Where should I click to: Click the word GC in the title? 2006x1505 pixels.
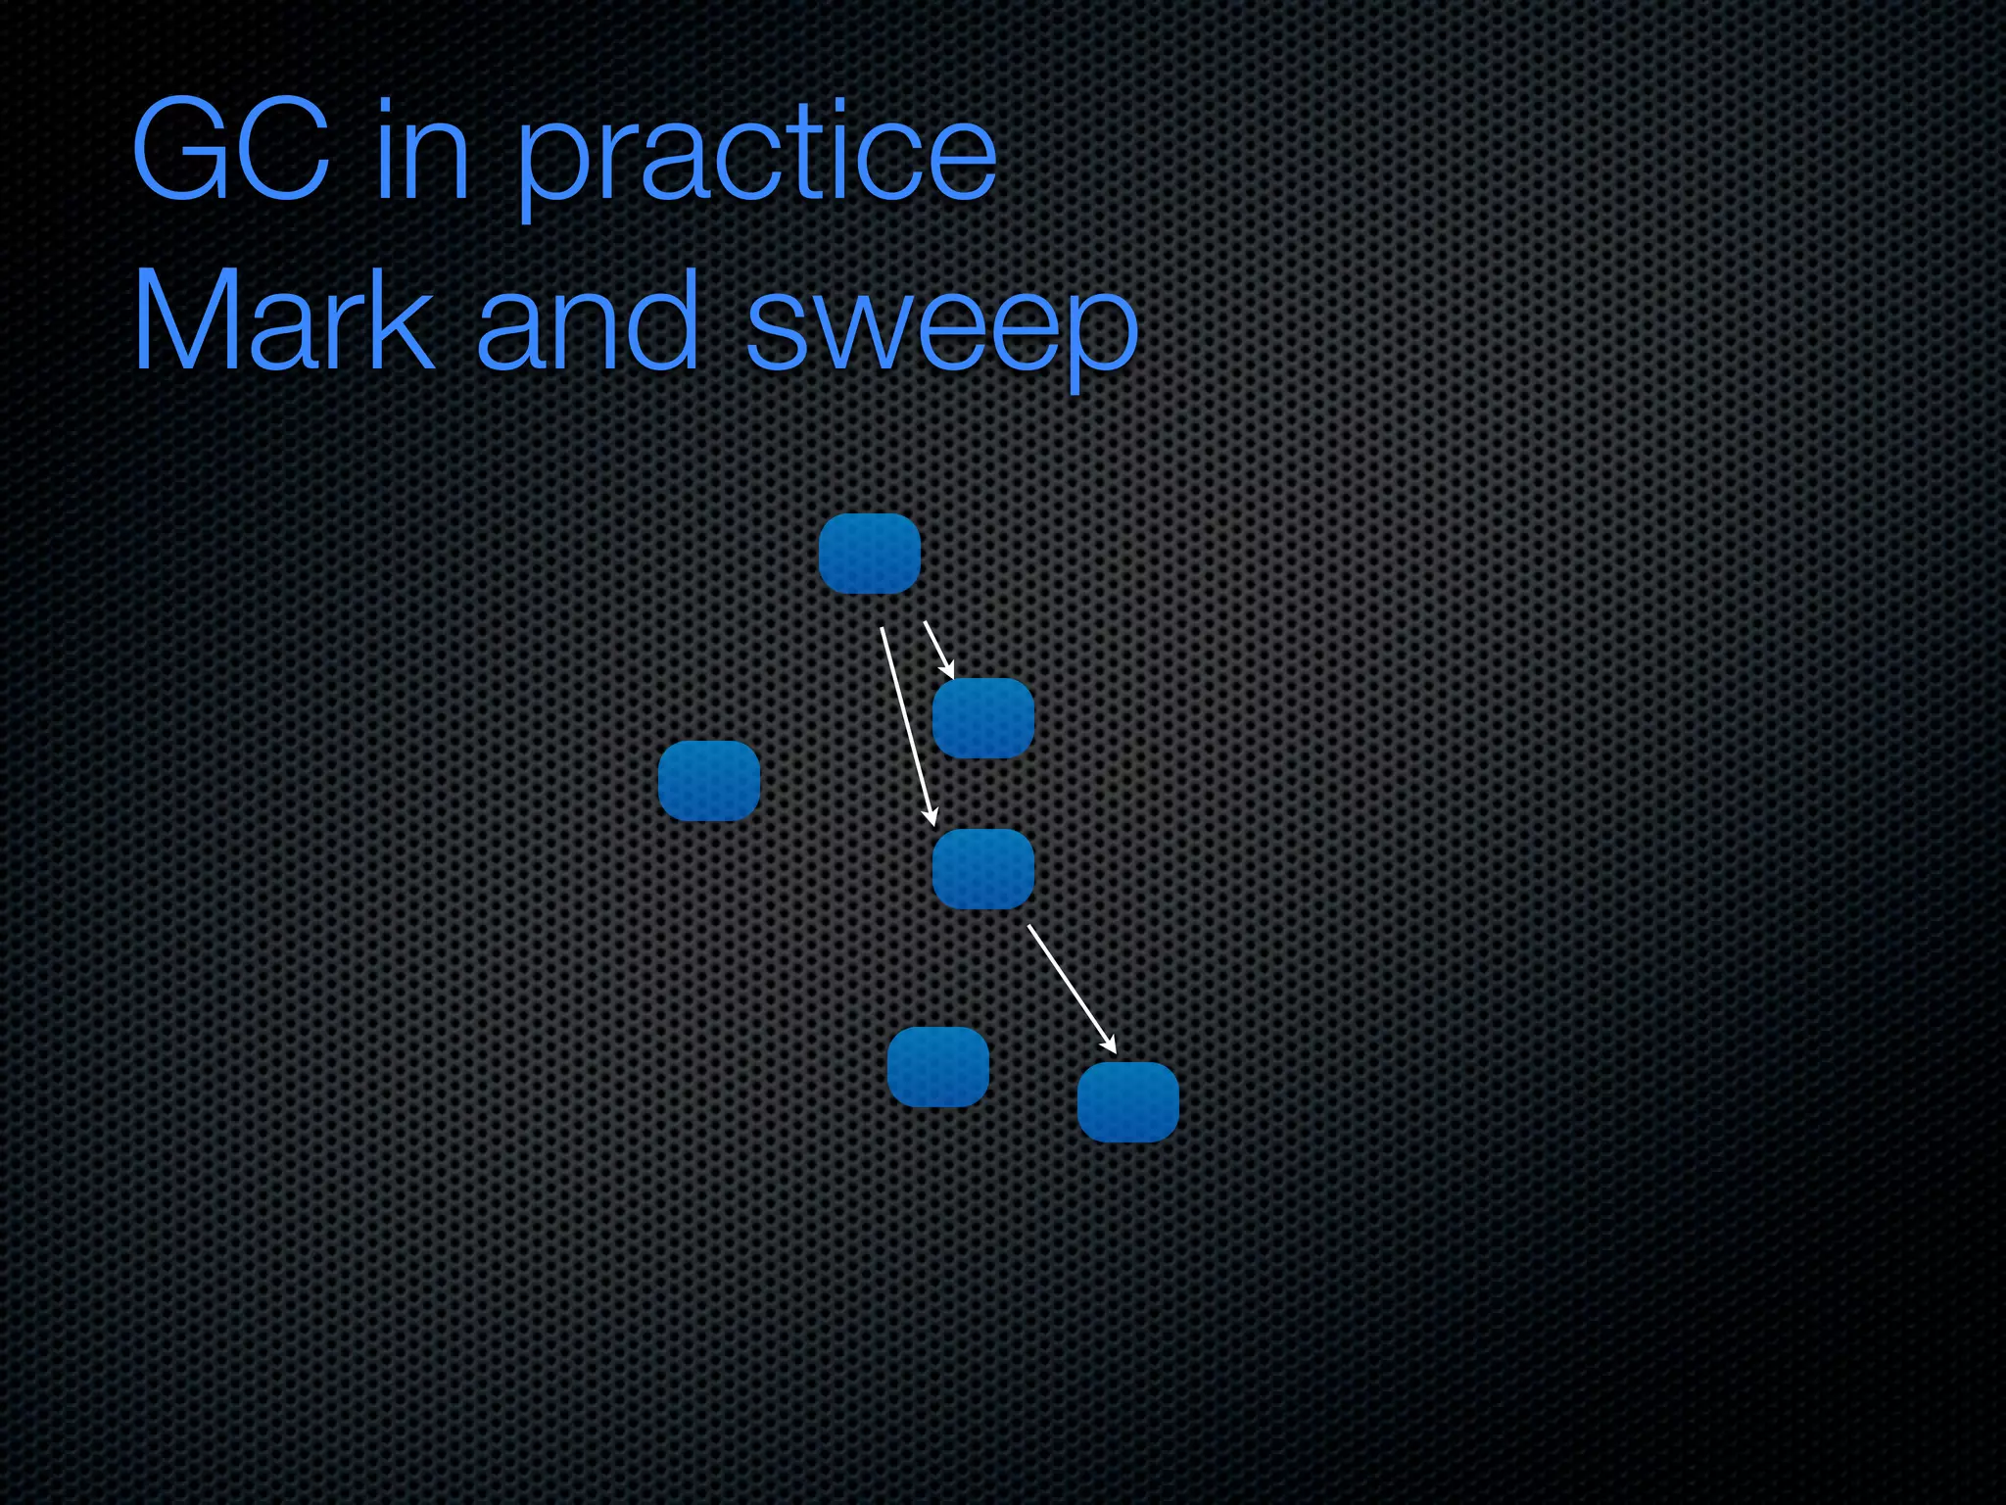tap(231, 152)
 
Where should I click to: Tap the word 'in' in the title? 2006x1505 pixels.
tap(422, 152)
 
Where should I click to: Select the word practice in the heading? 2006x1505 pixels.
tap(755, 157)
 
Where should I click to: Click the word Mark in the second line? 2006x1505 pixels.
tap(283, 321)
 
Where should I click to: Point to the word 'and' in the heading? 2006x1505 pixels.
tap(588, 321)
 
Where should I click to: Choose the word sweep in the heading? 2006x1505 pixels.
tap(942, 328)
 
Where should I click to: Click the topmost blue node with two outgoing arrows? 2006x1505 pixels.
tap(869, 554)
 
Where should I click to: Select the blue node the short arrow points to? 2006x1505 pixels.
tap(982, 718)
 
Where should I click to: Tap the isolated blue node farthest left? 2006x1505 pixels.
tap(708, 781)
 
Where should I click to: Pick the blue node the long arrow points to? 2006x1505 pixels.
tap(982, 869)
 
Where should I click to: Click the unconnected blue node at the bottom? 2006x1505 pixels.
tap(937, 1067)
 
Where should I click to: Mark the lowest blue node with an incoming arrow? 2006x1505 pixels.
tap(1127, 1102)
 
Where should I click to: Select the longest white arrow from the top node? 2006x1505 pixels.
tap(908, 725)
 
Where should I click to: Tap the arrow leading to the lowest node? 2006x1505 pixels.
tap(1071, 988)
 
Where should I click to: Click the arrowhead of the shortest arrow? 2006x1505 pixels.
tap(949, 671)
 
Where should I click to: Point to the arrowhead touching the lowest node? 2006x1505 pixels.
tap(1110, 1045)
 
